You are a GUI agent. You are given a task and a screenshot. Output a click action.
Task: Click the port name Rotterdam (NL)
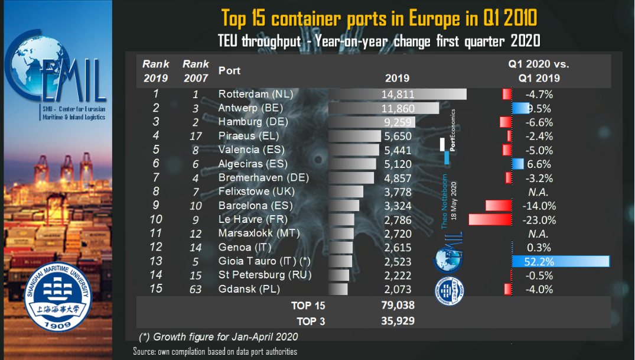255,94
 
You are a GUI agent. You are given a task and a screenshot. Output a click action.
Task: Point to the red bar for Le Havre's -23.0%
490,220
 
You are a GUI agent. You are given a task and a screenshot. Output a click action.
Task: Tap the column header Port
230,70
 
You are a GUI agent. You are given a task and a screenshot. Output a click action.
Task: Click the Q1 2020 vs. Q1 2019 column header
539,71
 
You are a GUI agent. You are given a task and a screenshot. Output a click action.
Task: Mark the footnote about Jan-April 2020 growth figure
219,337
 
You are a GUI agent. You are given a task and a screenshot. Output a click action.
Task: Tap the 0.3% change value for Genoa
538,248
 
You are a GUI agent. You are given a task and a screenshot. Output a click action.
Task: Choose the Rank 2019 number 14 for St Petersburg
156,275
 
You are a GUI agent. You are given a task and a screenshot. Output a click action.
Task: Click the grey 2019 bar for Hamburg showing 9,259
372,122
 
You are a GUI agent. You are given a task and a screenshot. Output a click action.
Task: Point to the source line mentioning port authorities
215,352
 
